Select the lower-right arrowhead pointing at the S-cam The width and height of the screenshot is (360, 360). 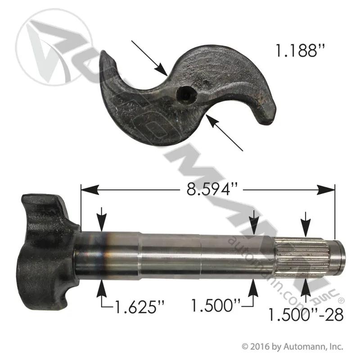[212, 121]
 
